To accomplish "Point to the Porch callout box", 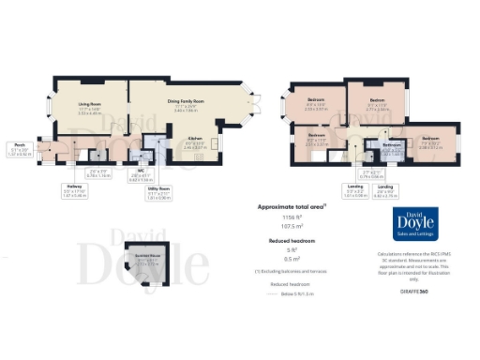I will [x=20, y=149].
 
